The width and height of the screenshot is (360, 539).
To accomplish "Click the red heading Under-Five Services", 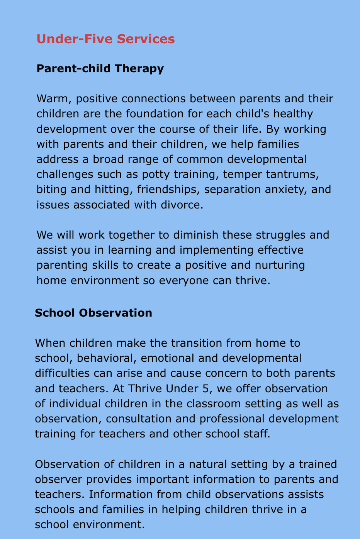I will coord(105,39).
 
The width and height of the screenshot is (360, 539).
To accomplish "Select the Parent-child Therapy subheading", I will coord(100,68).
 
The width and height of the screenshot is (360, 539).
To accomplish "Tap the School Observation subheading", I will coord(93,312).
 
